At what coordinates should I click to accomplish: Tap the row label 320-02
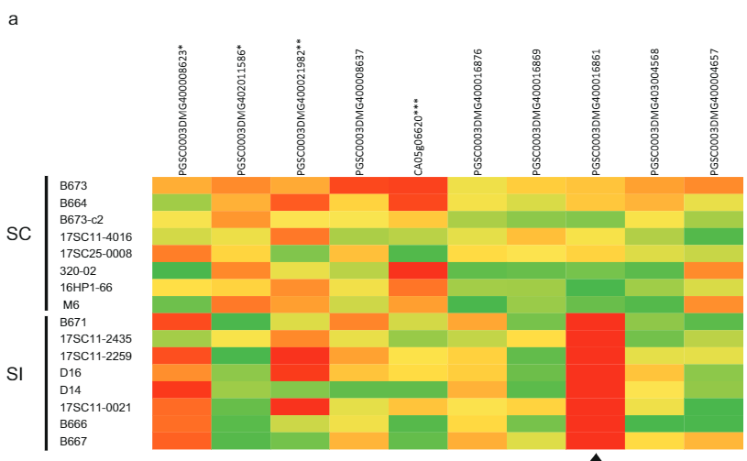tap(75, 270)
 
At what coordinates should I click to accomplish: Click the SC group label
tap(19, 235)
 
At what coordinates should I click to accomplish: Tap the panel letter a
tap(13, 19)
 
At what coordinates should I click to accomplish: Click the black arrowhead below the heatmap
tap(596, 456)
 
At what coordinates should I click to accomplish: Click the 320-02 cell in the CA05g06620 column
tap(418, 270)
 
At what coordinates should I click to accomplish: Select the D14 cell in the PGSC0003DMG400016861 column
tap(596, 390)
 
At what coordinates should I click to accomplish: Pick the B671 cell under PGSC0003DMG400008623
tap(181, 322)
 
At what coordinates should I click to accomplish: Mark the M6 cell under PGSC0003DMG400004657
tap(713, 304)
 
